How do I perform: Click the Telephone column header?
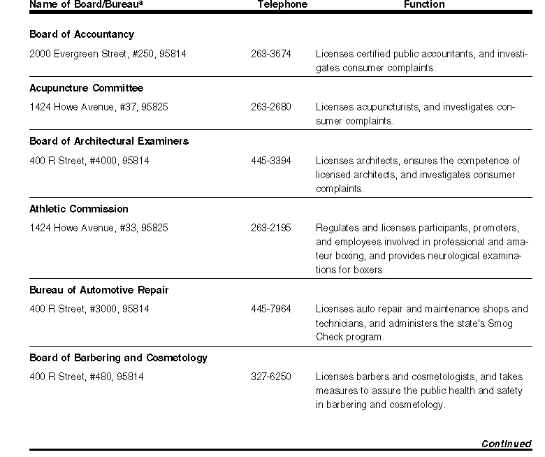(x=282, y=4)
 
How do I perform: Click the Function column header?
(x=424, y=4)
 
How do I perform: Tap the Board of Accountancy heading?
(x=82, y=34)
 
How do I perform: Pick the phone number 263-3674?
(x=271, y=54)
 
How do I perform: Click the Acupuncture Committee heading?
(x=86, y=88)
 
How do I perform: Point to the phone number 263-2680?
(x=271, y=107)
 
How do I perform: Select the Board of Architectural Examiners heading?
(x=109, y=141)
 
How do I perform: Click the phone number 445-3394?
(x=271, y=161)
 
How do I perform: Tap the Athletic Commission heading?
(x=79, y=209)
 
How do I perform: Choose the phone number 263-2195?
(x=271, y=228)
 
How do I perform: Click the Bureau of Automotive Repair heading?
(x=99, y=290)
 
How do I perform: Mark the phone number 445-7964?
(x=271, y=309)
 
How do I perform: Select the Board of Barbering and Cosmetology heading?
(x=118, y=358)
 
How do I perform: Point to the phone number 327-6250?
(x=271, y=377)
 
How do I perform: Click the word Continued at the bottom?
(x=507, y=444)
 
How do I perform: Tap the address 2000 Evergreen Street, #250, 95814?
(x=108, y=54)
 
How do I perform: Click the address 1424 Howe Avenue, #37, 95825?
(x=99, y=107)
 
